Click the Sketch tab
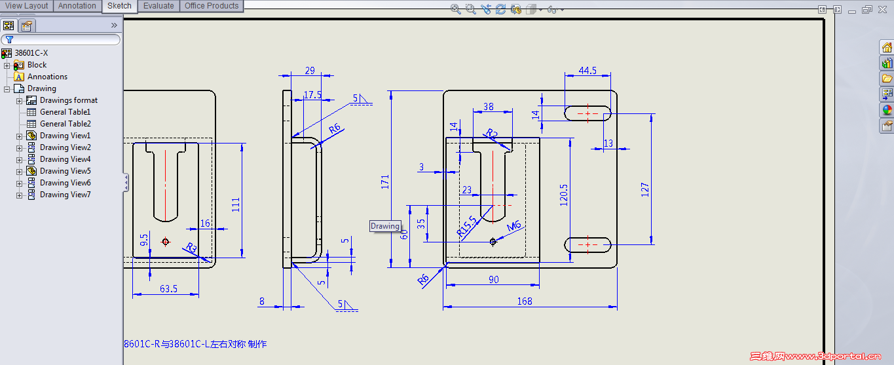119,6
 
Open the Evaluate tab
158,6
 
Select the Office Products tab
212,6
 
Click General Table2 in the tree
65,124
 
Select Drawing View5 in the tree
65,171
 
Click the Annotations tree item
47,77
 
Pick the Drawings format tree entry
68,100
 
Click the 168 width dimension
525,301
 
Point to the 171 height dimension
385,182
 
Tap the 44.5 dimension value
587,71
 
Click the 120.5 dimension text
563,195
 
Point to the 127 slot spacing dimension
645,189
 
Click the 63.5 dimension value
168,288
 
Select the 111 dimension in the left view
236,204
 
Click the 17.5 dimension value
312,95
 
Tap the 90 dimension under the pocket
494,280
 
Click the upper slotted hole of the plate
587,113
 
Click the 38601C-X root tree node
31,53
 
